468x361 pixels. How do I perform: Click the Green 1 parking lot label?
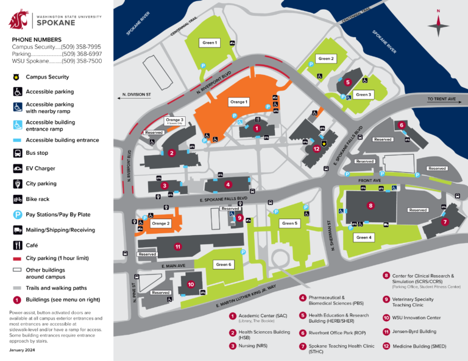(210, 43)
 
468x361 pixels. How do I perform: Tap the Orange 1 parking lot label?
(238, 102)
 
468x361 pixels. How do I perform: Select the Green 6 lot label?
(224, 265)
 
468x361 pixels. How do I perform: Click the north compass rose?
(438, 25)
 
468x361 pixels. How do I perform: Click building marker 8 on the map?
(370, 206)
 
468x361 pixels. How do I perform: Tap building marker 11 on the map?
(177, 247)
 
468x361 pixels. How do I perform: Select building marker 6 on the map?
(402, 125)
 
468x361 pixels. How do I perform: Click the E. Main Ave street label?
(174, 266)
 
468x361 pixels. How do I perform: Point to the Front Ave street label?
(369, 180)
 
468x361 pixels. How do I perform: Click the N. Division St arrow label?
(135, 95)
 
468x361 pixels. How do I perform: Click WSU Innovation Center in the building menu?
(411, 318)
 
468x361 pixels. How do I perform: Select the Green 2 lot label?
(326, 58)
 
